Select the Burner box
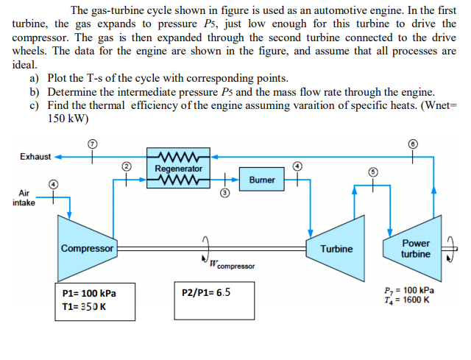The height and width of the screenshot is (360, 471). point(262,179)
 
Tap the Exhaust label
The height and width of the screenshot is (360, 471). point(35,156)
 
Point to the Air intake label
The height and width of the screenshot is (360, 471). point(24,197)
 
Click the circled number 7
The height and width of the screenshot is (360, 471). point(93,141)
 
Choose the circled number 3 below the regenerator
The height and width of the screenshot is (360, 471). point(226,192)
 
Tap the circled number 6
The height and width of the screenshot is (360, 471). point(414,142)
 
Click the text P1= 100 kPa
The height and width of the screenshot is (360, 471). point(88,292)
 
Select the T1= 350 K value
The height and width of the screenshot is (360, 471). point(85,306)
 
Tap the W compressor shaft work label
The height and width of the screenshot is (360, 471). point(231,264)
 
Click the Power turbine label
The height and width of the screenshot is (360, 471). point(416,249)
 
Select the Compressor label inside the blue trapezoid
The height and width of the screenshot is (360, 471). point(87,249)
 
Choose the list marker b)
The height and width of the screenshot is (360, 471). point(35,91)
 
